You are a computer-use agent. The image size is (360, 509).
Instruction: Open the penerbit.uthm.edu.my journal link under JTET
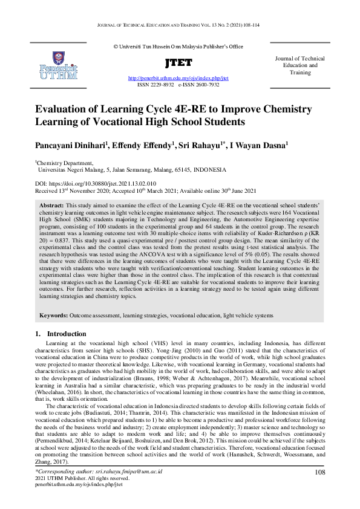pyautogui.click(x=178, y=79)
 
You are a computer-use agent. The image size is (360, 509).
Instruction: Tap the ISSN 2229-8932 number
pyautogui.click(x=155, y=86)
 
